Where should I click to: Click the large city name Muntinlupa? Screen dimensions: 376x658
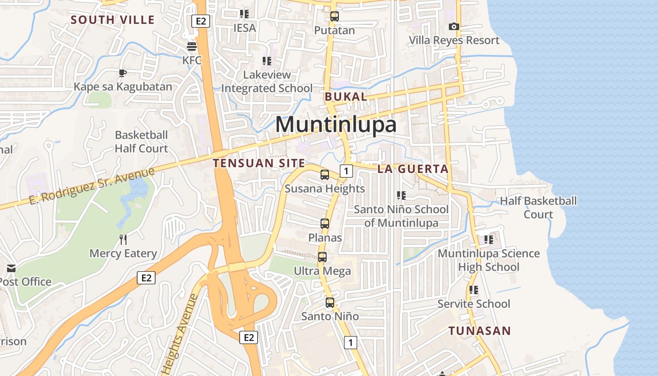pyautogui.click(x=336, y=125)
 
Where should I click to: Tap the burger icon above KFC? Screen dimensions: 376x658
pyautogui.click(x=192, y=46)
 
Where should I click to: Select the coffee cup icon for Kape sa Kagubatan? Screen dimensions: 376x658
pyautogui.click(x=122, y=73)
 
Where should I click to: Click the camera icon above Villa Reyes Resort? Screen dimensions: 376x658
pyautogui.click(x=454, y=26)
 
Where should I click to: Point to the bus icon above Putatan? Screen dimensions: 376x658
pyautogui.click(x=334, y=16)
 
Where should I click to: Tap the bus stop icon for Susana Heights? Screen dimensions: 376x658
pyautogui.click(x=324, y=175)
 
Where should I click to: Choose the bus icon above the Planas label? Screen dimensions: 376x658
pyautogui.click(x=325, y=224)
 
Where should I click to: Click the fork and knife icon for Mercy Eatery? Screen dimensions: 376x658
pyautogui.click(x=123, y=240)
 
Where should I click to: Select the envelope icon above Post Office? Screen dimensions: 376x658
pyautogui.click(x=11, y=268)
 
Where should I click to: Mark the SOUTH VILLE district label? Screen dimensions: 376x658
pyautogui.click(x=112, y=20)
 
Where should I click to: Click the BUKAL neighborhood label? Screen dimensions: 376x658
pyautogui.click(x=345, y=97)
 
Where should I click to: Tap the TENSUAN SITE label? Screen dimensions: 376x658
pyautogui.click(x=259, y=163)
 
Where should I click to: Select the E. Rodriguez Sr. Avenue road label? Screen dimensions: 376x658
pyautogui.click(x=92, y=186)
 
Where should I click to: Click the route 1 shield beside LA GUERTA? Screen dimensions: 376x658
pyautogui.click(x=346, y=171)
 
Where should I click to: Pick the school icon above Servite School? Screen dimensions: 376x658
pyautogui.click(x=473, y=290)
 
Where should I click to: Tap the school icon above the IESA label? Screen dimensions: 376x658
pyautogui.click(x=244, y=14)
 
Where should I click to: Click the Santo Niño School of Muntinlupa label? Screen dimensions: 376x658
pyautogui.click(x=401, y=216)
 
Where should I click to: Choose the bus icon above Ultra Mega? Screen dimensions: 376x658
pyautogui.click(x=322, y=257)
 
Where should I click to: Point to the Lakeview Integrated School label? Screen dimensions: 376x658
pyautogui.click(x=266, y=81)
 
